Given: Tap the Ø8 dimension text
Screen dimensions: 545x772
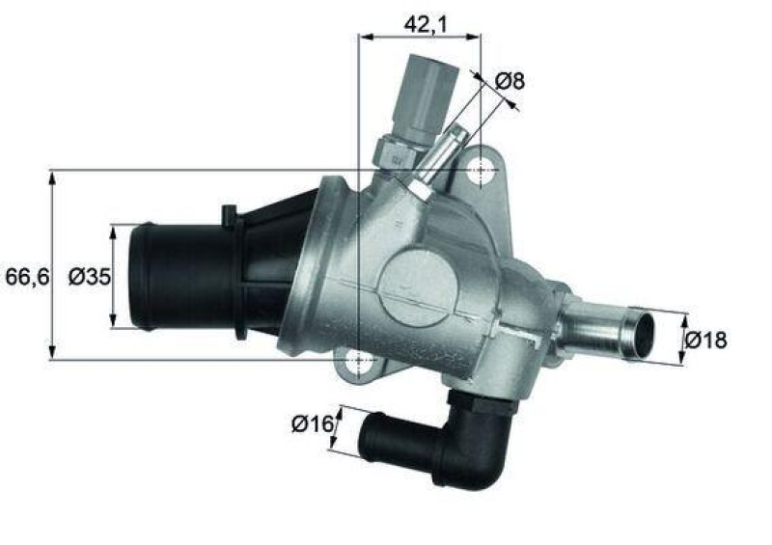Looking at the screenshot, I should click(511, 81).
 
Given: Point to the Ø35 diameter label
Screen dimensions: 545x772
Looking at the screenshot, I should click(89, 277).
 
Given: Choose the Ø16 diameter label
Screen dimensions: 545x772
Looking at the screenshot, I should click(311, 422).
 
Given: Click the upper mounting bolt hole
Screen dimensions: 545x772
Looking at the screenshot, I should click(480, 171).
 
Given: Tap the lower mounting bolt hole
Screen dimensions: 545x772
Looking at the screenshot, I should click(358, 361).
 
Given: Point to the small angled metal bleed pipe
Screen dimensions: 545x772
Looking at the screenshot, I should click(440, 159).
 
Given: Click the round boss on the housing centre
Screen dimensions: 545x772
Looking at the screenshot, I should click(417, 290).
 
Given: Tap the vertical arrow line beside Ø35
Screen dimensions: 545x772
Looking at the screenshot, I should click(114, 276).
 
